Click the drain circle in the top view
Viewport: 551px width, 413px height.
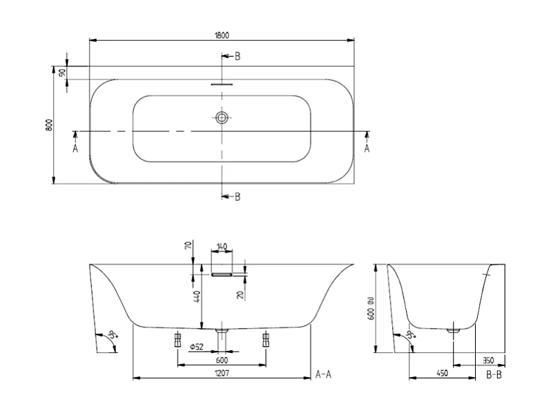221,118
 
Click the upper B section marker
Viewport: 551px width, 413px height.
237,57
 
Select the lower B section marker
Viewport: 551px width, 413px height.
237,197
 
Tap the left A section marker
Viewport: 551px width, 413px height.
75,148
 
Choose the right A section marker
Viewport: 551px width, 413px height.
367,148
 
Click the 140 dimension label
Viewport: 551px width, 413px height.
222,247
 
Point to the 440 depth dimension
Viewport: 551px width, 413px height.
196,298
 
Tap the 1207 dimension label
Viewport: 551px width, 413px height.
221,374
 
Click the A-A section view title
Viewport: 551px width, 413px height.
324,375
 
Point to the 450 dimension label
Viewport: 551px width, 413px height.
442,374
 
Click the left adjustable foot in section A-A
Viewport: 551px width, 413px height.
177,340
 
